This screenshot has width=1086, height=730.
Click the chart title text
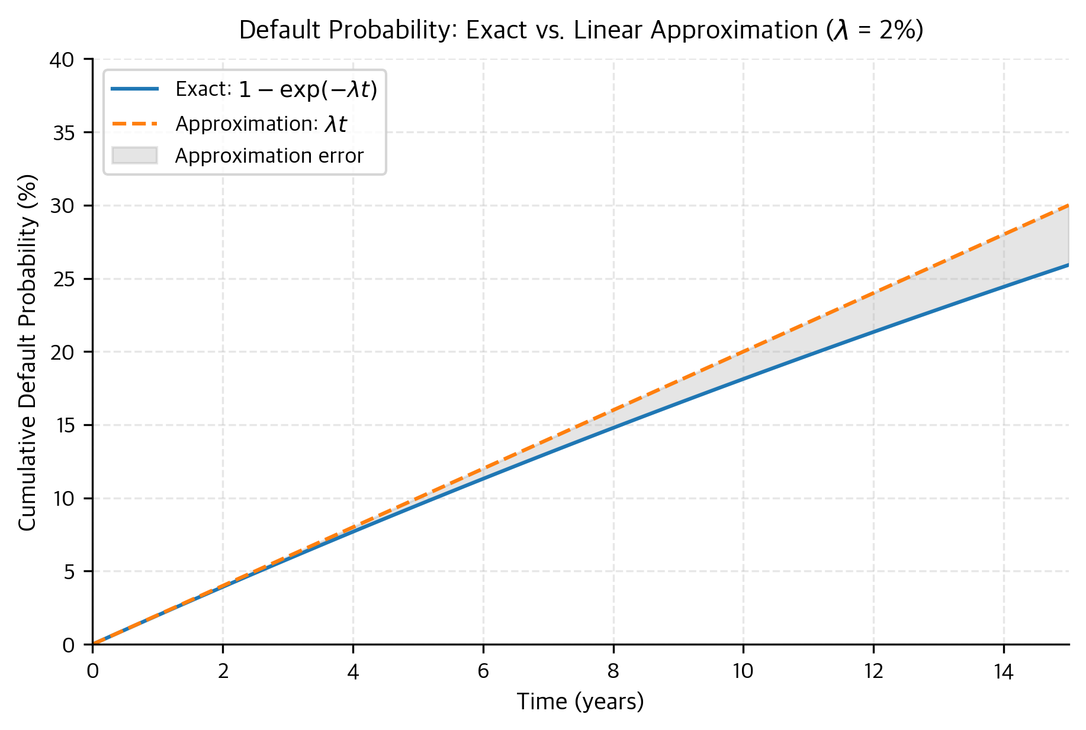[x=581, y=30]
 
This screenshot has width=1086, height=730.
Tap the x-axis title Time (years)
[x=580, y=702]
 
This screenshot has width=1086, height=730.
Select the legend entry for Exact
[x=276, y=89]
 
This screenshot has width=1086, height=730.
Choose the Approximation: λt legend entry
[x=261, y=124]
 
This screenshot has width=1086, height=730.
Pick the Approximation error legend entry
[x=269, y=156]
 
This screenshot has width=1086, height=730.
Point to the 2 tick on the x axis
[x=223, y=671]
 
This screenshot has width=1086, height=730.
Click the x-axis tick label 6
[x=483, y=671]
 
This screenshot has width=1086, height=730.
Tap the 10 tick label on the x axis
[x=743, y=671]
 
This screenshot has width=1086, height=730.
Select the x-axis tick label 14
[x=1004, y=671]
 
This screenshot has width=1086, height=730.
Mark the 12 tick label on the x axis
[x=873, y=671]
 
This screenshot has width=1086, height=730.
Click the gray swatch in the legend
[x=134, y=156]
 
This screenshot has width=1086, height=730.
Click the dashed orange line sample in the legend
[x=134, y=124]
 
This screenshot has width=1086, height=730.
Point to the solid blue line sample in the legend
[x=134, y=89]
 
